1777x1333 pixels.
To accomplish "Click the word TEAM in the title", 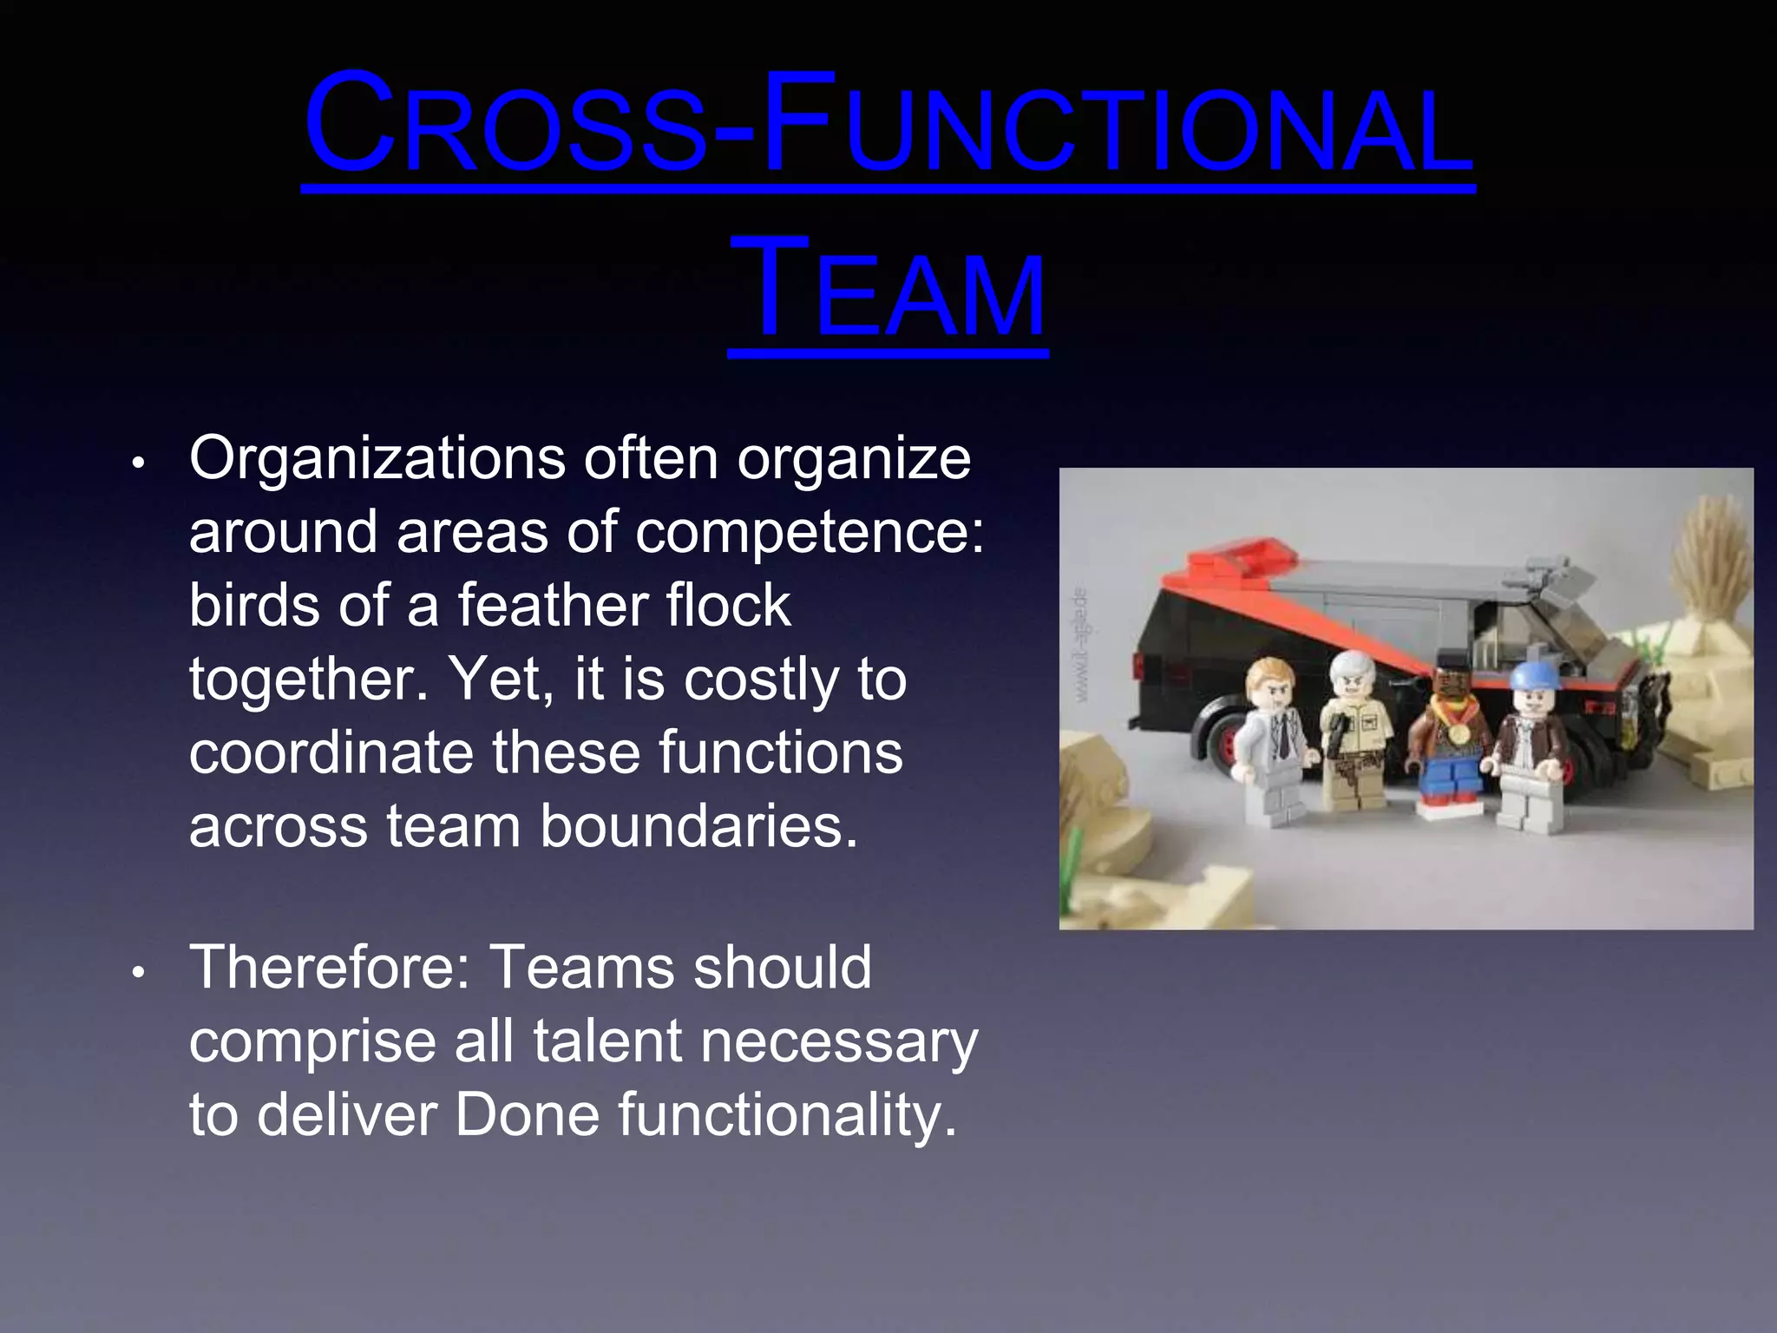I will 888,291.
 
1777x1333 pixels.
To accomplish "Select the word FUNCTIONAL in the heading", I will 1115,126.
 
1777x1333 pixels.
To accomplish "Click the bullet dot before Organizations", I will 137,463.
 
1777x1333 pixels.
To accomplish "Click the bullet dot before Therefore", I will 137,972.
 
